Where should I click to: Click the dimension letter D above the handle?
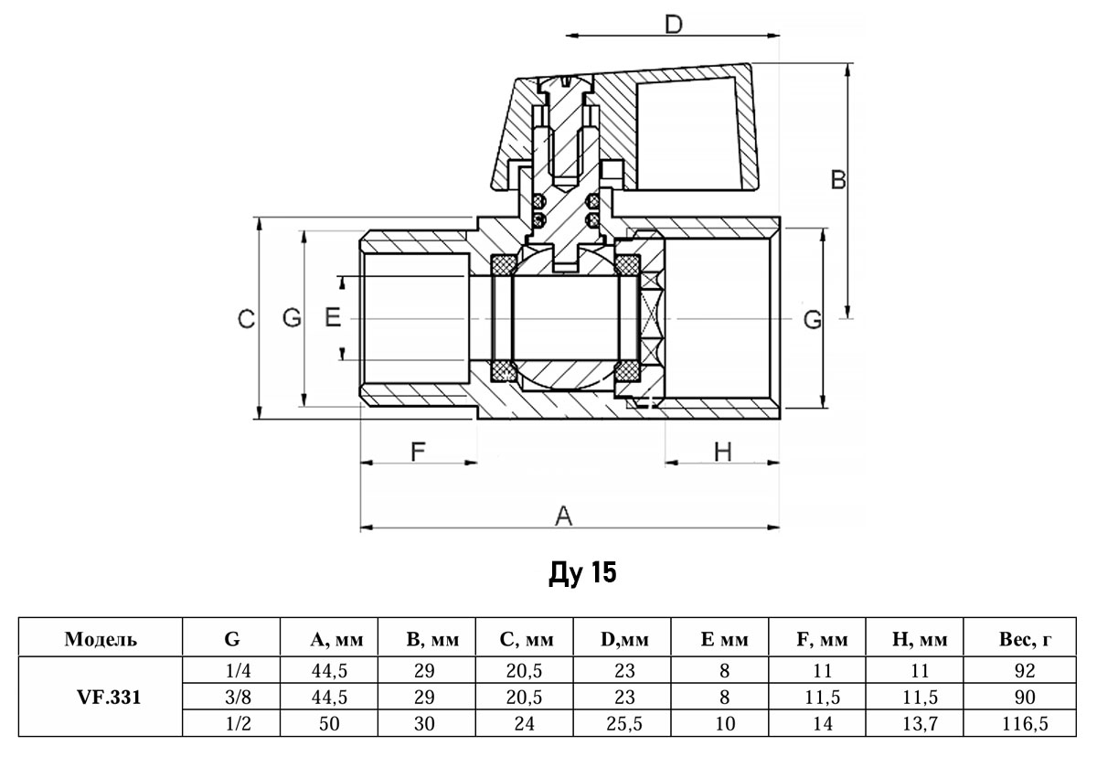point(674,24)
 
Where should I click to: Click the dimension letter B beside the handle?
point(837,181)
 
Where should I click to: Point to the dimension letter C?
point(245,319)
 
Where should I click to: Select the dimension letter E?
point(333,318)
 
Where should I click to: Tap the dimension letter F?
point(418,451)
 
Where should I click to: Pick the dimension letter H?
point(722,451)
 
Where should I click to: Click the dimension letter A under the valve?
point(564,517)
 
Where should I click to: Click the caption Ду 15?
point(582,574)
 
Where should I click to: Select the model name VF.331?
point(101,697)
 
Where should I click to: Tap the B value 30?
point(424,724)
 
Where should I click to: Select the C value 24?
point(525,724)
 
